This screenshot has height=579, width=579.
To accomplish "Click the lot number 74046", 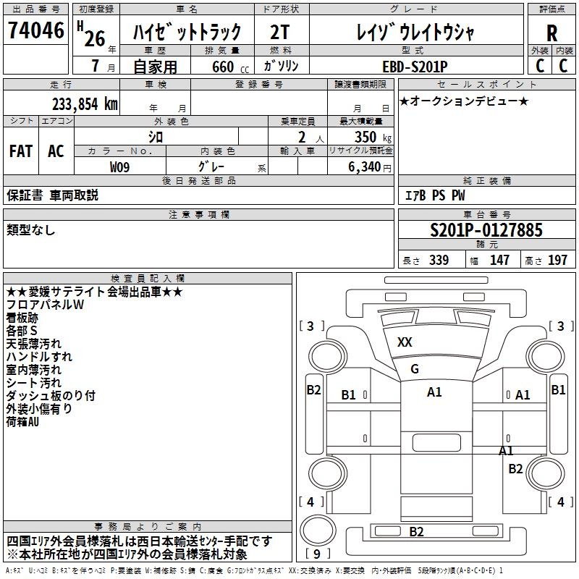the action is point(35,30).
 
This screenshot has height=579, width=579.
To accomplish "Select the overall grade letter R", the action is point(551,33).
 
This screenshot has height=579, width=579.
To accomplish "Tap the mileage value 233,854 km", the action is point(85,103).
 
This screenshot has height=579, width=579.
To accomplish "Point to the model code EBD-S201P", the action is point(415,67).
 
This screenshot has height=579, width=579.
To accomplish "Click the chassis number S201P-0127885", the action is point(486,229).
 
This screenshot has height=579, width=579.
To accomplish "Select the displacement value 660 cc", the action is point(230,67).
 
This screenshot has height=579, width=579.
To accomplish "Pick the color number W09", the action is point(119,167).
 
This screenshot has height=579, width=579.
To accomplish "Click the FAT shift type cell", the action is point(21,151).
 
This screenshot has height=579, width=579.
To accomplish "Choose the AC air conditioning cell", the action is point(56,151).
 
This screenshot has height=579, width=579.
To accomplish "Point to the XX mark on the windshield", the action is point(405,342).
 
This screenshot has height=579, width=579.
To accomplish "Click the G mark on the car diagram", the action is point(415,368).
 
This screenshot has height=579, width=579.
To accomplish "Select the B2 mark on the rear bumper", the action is point(416,531).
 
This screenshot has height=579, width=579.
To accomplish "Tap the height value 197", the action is point(557,260).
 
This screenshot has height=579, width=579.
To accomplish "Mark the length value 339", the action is point(439,260).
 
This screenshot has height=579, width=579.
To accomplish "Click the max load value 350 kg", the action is point(373,137).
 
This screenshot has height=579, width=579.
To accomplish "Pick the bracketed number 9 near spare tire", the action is point(317,554).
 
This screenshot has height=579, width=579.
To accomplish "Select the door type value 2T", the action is point(280,32).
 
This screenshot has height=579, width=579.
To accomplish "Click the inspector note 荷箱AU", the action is point(22,422).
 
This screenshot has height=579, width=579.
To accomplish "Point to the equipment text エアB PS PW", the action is point(435,195).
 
